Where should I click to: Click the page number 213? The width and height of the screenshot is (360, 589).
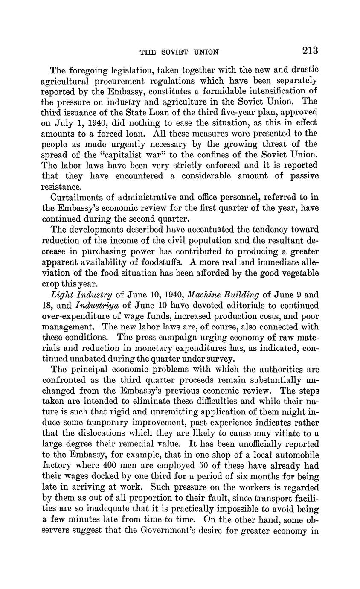tap(310, 50)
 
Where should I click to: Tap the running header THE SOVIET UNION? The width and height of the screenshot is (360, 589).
tap(179, 52)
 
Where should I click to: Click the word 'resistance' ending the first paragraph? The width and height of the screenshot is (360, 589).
tap(61, 187)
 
